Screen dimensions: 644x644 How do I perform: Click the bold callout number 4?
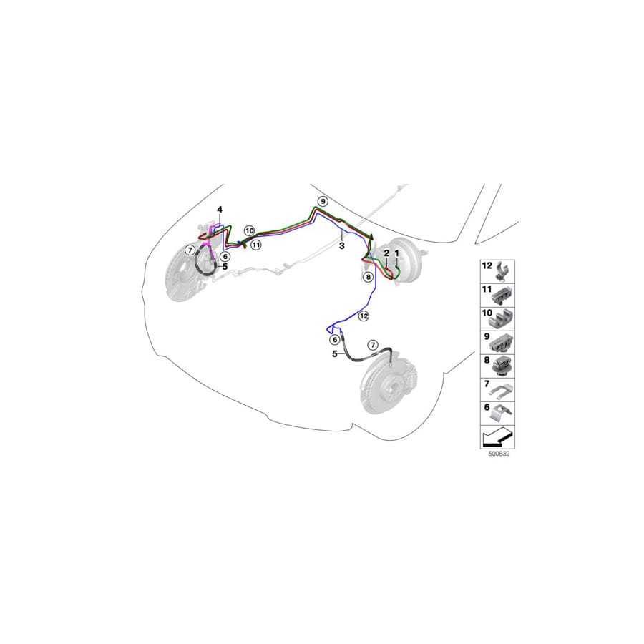[220, 210]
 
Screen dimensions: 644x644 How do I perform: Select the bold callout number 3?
[342, 246]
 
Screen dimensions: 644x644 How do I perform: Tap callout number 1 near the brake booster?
[396, 253]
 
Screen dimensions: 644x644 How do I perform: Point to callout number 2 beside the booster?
[386, 253]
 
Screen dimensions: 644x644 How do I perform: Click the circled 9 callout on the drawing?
[323, 201]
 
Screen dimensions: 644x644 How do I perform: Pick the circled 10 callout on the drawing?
[249, 231]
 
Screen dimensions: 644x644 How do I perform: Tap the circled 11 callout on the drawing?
[256, 245]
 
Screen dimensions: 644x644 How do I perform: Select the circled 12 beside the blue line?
[364, 316]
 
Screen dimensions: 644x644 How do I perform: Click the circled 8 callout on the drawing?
[368, 277]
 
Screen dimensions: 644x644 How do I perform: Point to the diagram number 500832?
[499, 454]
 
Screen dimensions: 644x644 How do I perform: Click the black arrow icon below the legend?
[498, 437]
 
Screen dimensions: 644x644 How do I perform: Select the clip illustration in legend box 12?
[503, 271]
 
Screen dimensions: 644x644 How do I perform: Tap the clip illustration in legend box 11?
[503, 296]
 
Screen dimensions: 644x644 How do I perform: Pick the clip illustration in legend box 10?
[502, 319]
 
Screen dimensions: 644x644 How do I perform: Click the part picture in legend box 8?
[502, 367]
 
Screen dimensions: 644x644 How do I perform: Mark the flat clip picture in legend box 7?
[502, 391]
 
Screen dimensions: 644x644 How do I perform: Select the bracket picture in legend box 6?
[502, 414]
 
